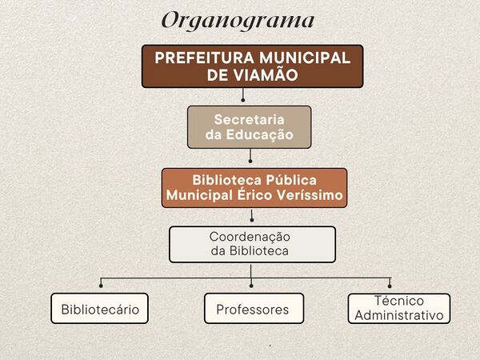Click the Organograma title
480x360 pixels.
(238, 20)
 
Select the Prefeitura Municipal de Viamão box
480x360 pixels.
(252, 66)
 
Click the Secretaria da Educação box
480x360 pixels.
(249, 127)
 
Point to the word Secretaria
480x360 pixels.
(249, 118)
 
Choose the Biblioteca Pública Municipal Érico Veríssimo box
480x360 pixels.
(254, 188)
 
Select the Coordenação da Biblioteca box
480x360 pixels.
(252, 244)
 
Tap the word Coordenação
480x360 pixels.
(249, 237)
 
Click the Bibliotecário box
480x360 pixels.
(100, 309)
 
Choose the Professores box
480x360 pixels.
(253, 309)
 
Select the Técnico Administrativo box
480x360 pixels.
(398, 309)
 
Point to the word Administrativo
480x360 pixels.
(398, 316)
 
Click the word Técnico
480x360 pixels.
(398, 302)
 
